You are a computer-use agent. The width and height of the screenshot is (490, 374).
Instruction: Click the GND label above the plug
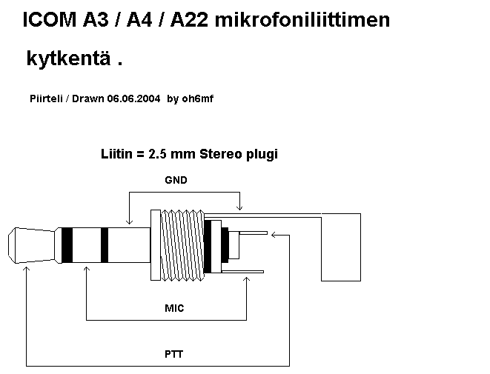click(x=176, y=180)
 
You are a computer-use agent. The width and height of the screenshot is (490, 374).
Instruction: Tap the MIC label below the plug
click(x=174, y=307)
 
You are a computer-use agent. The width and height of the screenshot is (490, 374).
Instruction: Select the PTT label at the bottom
click(x=173, y=354)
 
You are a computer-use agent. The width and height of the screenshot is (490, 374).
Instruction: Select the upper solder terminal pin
click(x=248, y=234)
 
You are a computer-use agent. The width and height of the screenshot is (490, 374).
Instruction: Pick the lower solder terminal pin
click(x=245, y=272)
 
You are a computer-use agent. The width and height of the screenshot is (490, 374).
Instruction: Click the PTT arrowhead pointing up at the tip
click(x=27, y=271)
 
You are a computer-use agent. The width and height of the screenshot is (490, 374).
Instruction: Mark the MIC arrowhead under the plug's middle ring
click(x=87, y=271)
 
